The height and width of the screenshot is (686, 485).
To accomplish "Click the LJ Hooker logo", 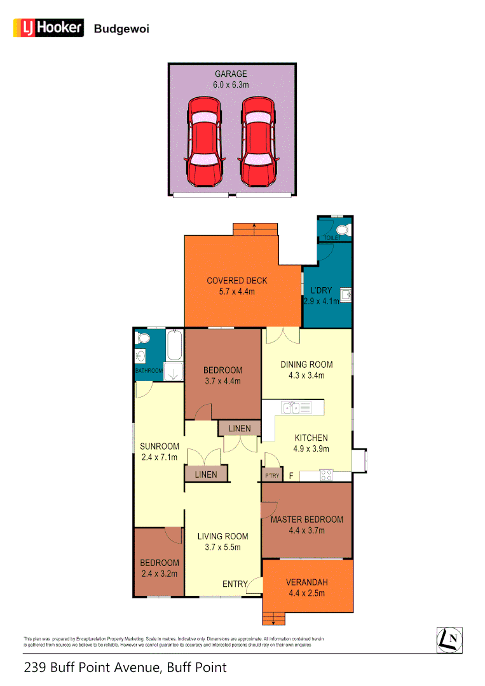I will (x=48, y=27).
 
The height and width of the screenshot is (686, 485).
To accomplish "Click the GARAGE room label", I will (x=230, y=74).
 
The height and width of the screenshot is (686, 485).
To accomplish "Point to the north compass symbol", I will (x=449, y=638).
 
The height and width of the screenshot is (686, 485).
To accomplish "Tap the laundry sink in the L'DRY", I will (x=345, y=295).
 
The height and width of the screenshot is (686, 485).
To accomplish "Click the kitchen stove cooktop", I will (x=326, y=475).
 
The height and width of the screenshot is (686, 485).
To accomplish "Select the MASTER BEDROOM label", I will (x=306, y=520).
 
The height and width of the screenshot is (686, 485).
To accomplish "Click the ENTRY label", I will (x=234, y=584).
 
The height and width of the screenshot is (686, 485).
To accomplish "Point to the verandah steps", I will (x=274, y=617).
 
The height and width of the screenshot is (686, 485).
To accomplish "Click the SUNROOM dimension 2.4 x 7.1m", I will (x=159, y=457).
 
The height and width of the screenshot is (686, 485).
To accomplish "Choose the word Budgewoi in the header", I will (x=121, y=29).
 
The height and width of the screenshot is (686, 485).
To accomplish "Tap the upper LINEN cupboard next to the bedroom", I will (x=239, y=428).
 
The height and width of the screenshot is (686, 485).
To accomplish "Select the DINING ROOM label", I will (x=306, y=365).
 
